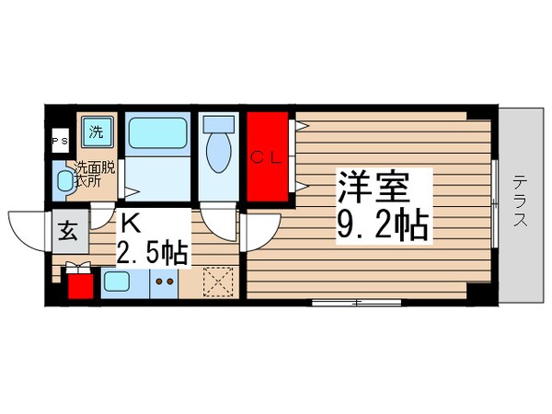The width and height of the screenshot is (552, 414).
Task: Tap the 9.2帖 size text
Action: pyautogui.click(x=383, y=225)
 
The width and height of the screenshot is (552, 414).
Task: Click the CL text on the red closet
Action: pyautogui.click(x=268, y=156)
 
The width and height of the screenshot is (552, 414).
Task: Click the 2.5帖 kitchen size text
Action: pyautogui.click(x=152, y=252)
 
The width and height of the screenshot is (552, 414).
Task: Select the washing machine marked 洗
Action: pyautogui.click(x=96, y=131)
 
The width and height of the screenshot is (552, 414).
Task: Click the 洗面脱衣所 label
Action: pyautogui.click(x=95, y=174)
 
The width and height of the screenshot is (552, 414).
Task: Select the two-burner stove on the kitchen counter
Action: pyautogui.click(x=165, y=282)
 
